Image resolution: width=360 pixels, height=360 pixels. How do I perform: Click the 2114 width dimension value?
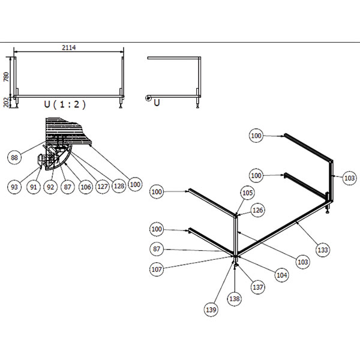pyautogui.click(x=68, y=47)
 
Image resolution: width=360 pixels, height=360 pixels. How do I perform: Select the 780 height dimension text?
pyautogui.click(x=7, y=76)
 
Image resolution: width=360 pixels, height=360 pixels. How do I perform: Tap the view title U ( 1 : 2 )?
pyautogui.click(x=65, y=104)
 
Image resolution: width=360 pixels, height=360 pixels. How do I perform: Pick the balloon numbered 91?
pyautogui.click(x=34, y=187)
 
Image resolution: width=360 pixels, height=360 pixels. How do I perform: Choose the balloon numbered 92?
pyautogui.click(x=50, y=187)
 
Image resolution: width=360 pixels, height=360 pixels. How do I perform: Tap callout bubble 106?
pyautogui.click(x=85, y=187)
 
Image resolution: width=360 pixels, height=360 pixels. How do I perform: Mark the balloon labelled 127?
pyautogui.click(x=102, y=187)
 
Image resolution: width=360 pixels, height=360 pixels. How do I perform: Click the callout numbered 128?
pyautogui.click(x=119, y=187)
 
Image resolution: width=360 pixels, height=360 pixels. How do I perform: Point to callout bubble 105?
pyautogui.click(x=247, y=193)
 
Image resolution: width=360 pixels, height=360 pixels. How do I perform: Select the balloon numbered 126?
pyautogui.click(x=257, y=210)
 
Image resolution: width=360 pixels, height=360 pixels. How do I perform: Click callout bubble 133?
pyautogui.click(x=322, y=249)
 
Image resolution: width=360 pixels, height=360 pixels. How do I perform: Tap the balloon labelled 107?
pyautogui.click(x=157, y=269)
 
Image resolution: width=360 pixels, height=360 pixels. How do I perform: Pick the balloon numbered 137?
pyautogui.click(x=258, y=287)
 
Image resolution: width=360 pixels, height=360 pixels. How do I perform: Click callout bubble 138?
pyautogui.click(x=234, y=298)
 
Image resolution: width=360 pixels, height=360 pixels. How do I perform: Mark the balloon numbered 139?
pyautogui.click(x=210, y=310)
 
